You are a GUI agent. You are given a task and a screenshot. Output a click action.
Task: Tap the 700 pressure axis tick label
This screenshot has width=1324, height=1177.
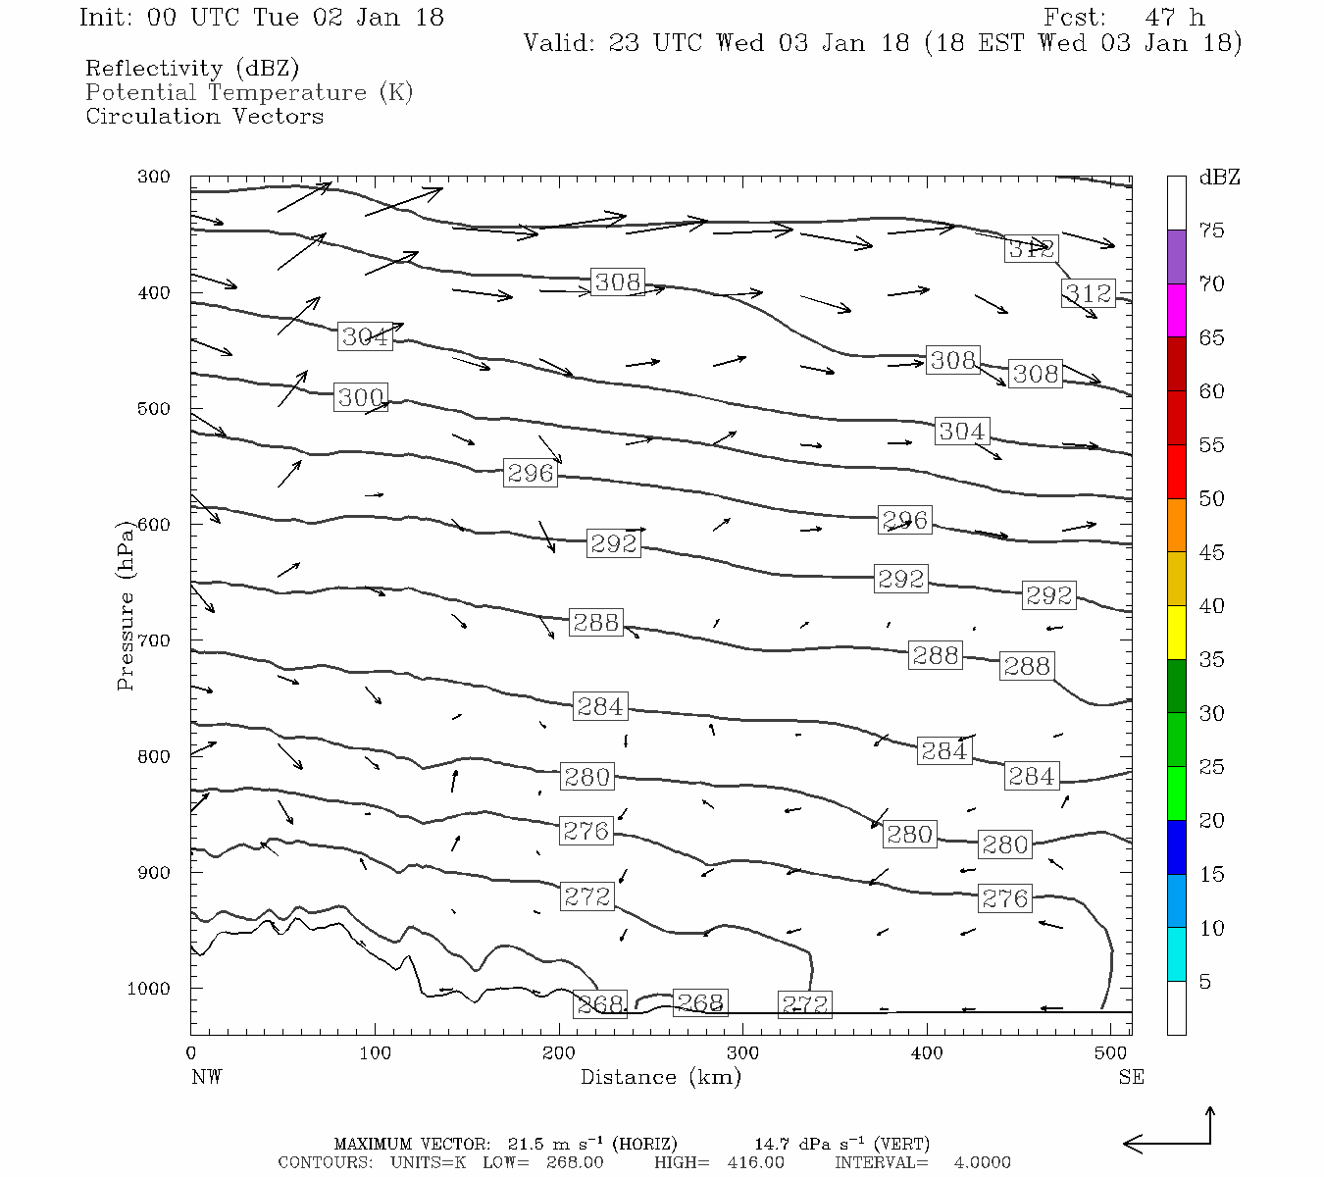pyautogui.click(x=153, y=640)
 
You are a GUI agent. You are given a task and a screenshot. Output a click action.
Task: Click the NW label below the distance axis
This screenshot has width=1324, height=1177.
pyautogui.click(x=206, y=1077)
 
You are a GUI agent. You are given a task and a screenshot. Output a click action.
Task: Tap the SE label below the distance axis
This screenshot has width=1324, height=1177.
pyautogui.click(x=1131, y=1077)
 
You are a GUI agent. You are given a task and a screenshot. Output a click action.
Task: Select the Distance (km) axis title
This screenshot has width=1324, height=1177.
pyautogui.click(x=660, y=1077)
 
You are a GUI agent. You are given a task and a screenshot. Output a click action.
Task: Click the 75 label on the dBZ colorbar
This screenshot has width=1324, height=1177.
pyautogui.click(x=1212, y=230)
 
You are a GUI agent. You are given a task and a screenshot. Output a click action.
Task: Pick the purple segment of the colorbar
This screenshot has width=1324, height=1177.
pyautogui.click(x=1176, y=257)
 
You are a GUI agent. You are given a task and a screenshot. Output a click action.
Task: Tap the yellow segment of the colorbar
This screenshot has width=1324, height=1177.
pyautogui.click(x=1176, y=633)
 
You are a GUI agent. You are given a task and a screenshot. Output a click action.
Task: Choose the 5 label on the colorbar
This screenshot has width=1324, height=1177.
pyautogui.click(x=1205, y=982)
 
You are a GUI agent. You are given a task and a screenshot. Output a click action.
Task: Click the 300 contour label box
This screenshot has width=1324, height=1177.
pyautogui.click(x=361, y=397)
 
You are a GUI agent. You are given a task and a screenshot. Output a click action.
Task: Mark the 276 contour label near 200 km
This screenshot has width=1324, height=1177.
pyautogui.click(x=586, y=831)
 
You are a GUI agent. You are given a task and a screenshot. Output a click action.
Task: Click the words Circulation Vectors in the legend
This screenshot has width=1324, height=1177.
pyautogui.click(x=204, y=116)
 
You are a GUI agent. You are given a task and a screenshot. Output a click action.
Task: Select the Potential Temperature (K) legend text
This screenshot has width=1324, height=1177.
pyautogui.click(x=249, y=92)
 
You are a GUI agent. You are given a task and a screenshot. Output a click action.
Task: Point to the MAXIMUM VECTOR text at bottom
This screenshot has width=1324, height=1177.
pyautogui.click(x=412, y=1144)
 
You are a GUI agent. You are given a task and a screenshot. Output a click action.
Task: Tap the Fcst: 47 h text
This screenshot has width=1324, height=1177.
pyautogui.click(x=1124, y=18)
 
